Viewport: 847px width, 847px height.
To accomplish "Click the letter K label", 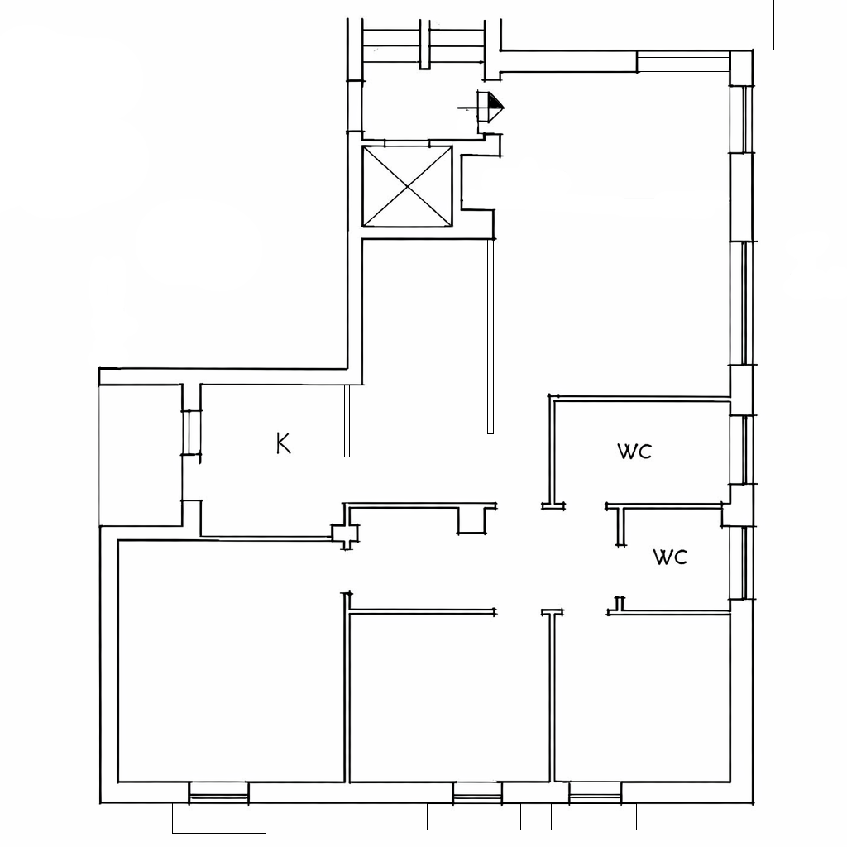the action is tap(283, 443).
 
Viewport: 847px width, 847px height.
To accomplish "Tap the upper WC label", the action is tap(634, 452).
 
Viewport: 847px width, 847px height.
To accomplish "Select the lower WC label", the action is tap(670, 557).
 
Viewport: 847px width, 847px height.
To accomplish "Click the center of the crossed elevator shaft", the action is tap(407, 186).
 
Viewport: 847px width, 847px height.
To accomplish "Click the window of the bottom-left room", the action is tap(218, 792).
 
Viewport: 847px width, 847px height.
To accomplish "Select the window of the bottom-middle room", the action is tap(477, 792).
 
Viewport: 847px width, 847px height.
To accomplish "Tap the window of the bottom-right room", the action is tap(596, 792).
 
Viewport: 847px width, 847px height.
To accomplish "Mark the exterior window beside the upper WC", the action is tap(742, 450).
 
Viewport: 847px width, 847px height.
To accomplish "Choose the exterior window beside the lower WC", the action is tap(742, 562).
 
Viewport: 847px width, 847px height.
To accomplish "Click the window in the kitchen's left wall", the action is tap(192, 433).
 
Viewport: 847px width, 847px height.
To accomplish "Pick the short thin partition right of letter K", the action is tap(347, 420).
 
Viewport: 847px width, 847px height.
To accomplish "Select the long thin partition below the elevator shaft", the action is tap(490, 336).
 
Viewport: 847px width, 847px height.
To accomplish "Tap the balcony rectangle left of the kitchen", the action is tap(141, 455).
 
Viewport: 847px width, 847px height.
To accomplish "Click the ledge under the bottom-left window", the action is tap(218, 818).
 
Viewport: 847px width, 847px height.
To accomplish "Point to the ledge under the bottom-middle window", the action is tap(474, 816).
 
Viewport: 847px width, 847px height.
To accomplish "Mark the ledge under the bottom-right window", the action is tap(594, 816).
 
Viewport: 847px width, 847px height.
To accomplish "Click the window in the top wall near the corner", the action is tap(684, 61).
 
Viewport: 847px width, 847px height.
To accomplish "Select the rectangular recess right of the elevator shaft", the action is tap(477, 183).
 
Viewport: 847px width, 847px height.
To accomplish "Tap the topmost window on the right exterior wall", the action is tap(742, 119).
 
